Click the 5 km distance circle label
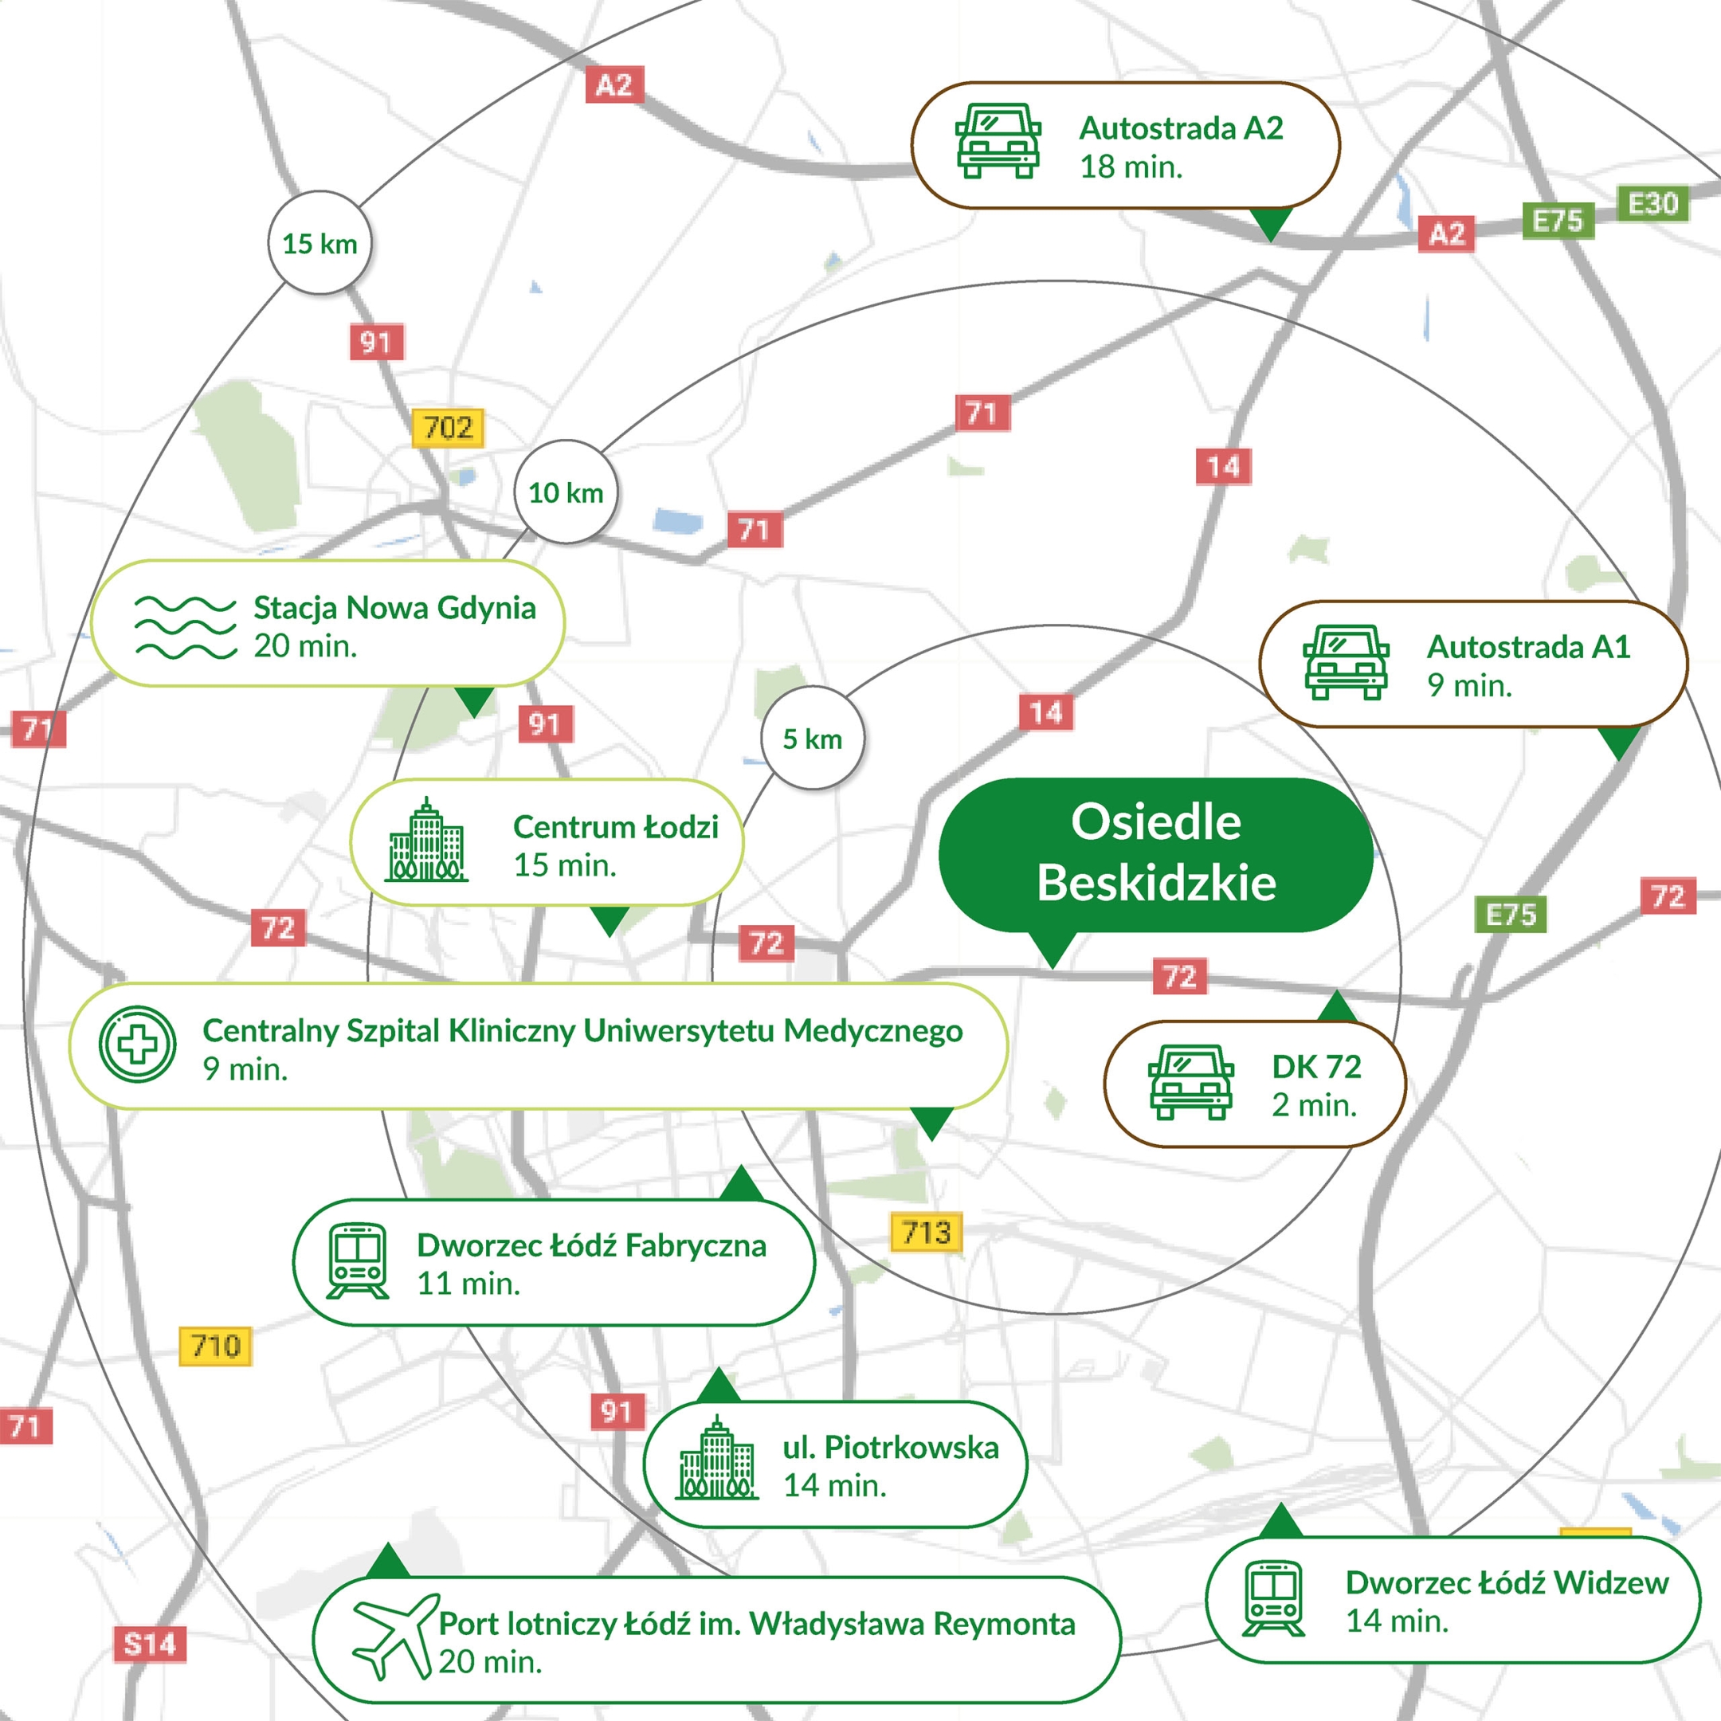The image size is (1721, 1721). coord(813,739)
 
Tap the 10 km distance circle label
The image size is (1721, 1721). coord(566,492)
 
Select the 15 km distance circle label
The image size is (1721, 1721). coord(320,243)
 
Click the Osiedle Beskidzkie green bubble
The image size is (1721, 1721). coord(1155,853)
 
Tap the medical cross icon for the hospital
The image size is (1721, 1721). coord(137,1044)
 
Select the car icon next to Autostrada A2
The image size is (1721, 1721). coord(998,142)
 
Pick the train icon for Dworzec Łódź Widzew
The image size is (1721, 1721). coord(1274,1599)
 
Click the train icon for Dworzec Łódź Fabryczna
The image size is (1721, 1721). coord(357,1261)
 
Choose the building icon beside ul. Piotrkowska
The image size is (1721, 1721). coord(716,1459)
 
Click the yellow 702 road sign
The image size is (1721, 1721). coord(448,428)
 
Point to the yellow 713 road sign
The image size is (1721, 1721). coord(927,1233)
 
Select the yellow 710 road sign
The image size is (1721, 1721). coord(216,1346)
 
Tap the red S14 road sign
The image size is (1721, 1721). coord(150,1644)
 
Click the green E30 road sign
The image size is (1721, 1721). coord(1652,204)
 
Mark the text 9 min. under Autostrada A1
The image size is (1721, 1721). coord(1470,685)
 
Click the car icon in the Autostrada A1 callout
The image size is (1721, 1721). coord(1346,662)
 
